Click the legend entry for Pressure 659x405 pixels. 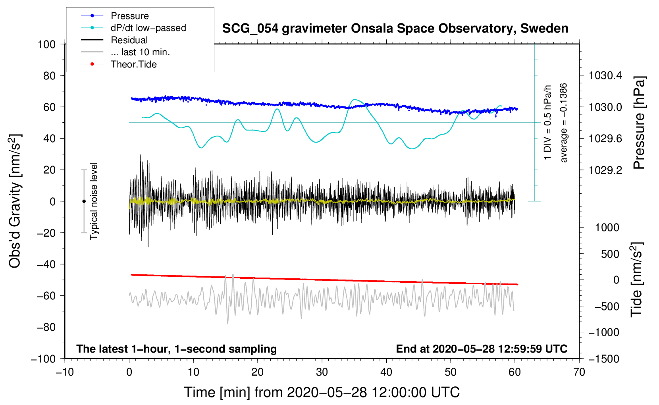129,16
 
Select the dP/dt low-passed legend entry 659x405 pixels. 148,28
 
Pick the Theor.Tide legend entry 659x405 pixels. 133,64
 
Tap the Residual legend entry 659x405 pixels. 129,40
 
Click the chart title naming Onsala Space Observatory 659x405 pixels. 395,29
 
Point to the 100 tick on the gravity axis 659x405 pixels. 46,44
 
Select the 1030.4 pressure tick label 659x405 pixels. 605,75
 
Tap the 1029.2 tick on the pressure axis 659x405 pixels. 605,170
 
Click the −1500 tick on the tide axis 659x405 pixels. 603,359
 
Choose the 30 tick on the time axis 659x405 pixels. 322,372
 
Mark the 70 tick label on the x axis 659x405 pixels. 579,372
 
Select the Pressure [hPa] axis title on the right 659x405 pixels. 639,123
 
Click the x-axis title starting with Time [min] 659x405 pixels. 322,392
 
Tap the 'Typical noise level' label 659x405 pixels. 94,201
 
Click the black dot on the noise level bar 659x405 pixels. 84,201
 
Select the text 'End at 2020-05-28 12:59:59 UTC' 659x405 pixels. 482,349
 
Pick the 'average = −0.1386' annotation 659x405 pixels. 564,123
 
